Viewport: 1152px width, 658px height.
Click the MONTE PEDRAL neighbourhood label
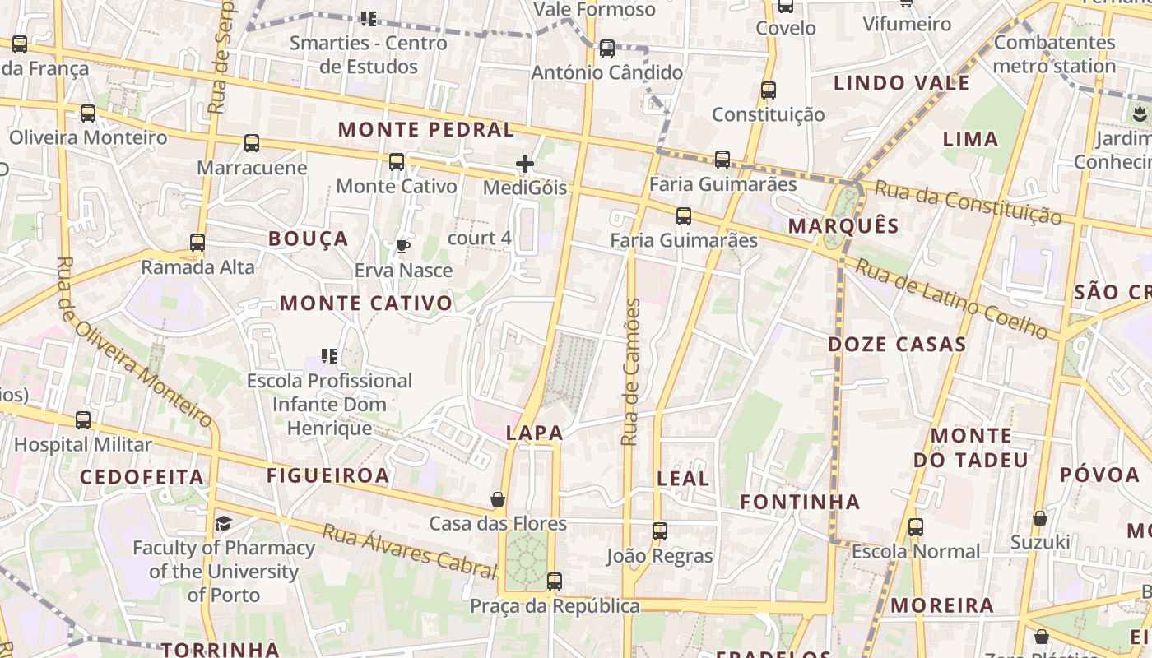425,130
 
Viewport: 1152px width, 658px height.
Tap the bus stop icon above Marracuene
252,143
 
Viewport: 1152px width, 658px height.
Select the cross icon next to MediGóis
525,164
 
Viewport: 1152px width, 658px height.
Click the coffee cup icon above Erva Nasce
402,246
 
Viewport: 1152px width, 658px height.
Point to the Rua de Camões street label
631,373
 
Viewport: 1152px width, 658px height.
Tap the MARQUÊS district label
843,226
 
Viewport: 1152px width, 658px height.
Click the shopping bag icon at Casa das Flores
498,499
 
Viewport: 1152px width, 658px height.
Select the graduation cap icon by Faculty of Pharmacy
223,523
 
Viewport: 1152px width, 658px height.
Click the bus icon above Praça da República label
555,582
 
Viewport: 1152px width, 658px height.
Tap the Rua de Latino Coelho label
956,299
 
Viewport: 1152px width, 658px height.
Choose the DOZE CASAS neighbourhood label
897,345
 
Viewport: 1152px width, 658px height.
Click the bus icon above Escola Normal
916,527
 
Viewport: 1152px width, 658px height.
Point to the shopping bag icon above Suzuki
1040,518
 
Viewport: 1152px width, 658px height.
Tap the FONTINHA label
800,502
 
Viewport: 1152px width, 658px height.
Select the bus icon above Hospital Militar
83,420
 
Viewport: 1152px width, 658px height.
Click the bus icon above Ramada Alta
197,243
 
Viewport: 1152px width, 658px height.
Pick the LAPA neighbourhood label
535,433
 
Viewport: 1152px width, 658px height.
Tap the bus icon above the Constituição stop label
769,90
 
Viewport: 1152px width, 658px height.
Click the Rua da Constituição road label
968,202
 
